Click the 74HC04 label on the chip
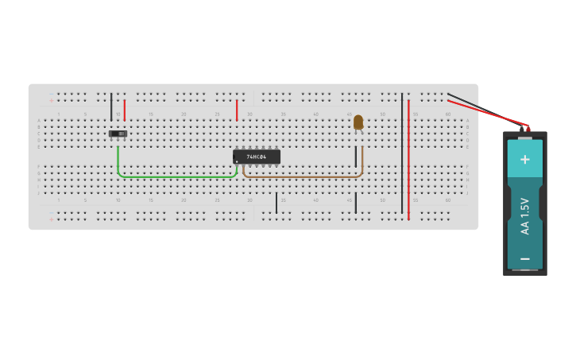point(257,157)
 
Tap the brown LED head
point(358,122)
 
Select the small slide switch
point(118,134)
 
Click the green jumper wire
point(175,176)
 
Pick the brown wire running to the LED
point(302,176)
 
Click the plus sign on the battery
point(524,159)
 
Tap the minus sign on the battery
point(524,259)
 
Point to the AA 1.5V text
point(524,216)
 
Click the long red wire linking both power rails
point(408,159)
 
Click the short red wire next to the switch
point(125,109)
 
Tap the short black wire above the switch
point(111,106)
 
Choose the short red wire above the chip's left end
point(237,110)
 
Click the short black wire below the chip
point(276,203)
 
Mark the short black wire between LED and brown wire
point(356,156)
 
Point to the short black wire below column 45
point(356,203)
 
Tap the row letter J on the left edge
point(38,193)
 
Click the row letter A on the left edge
point(38,121)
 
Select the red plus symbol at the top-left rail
point(52,101)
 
